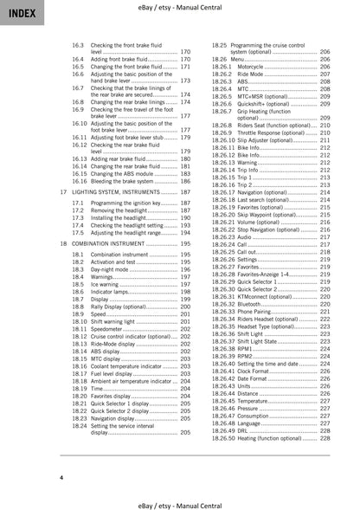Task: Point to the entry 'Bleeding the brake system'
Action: [122, 181]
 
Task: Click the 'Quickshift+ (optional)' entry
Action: [265, 103]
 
